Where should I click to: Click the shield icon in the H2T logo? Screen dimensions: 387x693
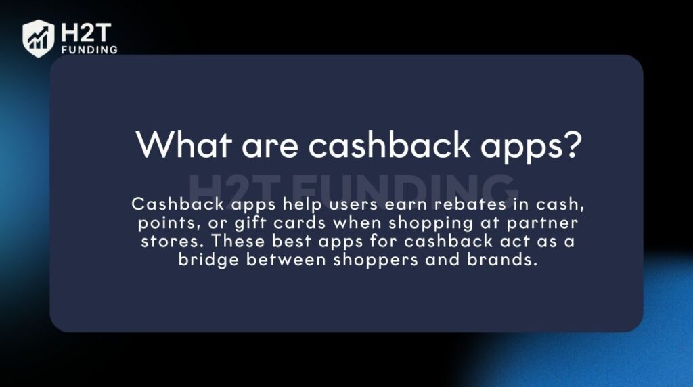(38, 38)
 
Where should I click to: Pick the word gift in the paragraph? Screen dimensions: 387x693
(238, 224)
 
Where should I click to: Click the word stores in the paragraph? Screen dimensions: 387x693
(165, 242)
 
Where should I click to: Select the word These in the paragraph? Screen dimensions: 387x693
(233, 242)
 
